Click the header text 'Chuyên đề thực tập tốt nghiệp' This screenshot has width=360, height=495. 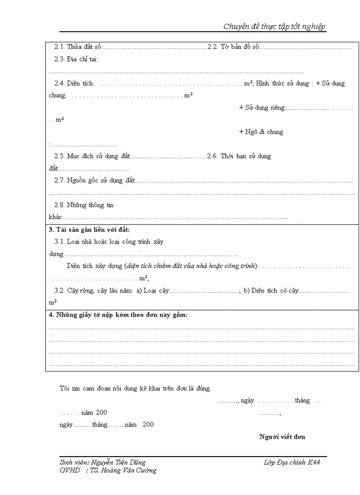click(274, 26)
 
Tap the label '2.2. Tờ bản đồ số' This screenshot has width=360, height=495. click(233, 47)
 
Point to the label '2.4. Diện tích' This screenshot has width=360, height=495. click(74, 83)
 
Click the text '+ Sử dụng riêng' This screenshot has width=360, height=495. click(262, 108)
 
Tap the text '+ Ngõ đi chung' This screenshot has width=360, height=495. click(261, 132)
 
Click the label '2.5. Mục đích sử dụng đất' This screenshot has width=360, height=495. click(93, 156)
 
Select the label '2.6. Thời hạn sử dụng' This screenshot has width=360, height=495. click(239, 156)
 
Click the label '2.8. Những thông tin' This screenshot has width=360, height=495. click(84, 205)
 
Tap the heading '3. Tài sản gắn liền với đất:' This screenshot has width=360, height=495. click(89, 230)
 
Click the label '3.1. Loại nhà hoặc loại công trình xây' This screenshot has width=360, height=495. click(109, 242)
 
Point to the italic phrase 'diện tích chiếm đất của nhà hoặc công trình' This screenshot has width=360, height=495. click(191, 266)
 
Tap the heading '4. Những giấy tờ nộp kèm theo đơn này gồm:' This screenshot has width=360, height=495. click(118, 315)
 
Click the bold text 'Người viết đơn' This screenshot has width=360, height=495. click(282, 437)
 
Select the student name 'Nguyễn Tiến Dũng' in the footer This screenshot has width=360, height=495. click(118, 462)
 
